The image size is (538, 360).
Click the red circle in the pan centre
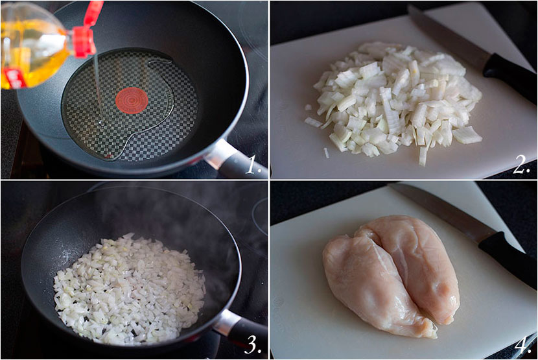point(132,101)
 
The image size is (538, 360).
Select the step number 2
point(522,165)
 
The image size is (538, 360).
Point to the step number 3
point(253,344)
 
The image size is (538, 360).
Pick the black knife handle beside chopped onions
point(510,77)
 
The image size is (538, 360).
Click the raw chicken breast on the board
point(391,275)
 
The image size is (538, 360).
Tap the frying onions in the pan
point(130,289)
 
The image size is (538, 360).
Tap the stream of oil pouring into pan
point(98,90)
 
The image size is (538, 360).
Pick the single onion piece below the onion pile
point(326,153)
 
